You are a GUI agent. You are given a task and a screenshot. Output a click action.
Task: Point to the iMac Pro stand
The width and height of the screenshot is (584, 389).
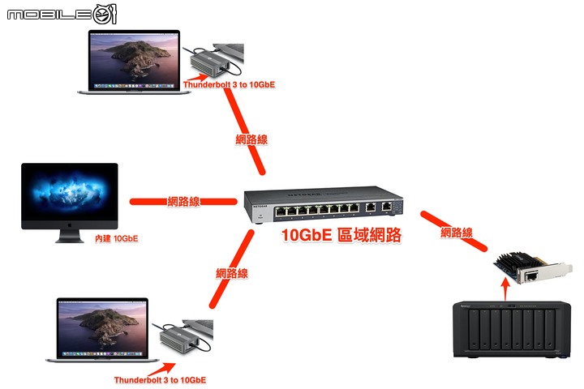(69, 236)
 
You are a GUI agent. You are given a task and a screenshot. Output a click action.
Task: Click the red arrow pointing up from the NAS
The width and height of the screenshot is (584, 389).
(505, 291)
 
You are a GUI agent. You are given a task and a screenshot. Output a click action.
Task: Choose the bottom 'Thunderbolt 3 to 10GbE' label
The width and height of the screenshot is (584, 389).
(160, 379)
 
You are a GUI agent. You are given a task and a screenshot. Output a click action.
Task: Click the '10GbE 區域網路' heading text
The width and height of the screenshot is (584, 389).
(341, 236)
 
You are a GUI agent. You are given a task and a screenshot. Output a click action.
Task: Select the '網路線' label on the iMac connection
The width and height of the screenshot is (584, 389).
(184, 201)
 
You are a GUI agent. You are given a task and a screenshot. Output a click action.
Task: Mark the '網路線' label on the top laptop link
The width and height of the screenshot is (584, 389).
(251, 139)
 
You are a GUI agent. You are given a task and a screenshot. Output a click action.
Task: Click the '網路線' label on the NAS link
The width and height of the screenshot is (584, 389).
(457, 233)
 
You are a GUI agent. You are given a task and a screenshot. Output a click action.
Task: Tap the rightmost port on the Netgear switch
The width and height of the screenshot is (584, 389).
(387, 207)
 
